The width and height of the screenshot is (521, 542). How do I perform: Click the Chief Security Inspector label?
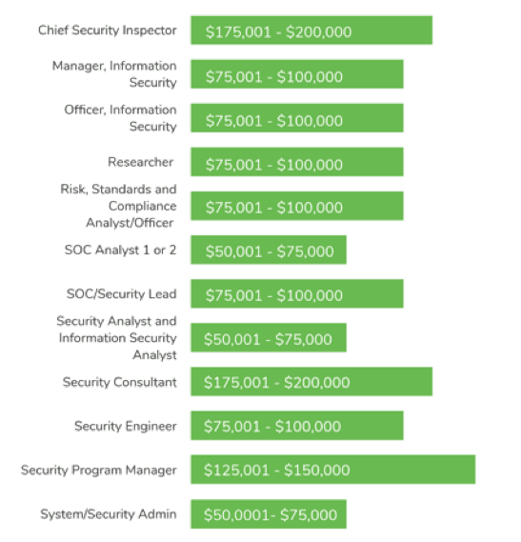107,30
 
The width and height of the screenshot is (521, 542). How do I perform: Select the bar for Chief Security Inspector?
311,30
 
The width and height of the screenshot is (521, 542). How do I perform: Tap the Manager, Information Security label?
114,74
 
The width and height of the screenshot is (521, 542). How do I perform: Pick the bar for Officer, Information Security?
296,119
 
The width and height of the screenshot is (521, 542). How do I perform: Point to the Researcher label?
140,162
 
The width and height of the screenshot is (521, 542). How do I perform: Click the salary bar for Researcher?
296,163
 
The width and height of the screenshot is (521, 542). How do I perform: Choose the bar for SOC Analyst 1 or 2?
268,251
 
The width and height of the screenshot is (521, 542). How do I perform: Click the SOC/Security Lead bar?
296,294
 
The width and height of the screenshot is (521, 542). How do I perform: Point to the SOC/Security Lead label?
121,294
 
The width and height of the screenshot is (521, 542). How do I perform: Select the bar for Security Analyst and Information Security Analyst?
268,338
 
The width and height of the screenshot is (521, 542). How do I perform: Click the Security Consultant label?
119,382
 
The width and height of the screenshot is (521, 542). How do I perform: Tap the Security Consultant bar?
311,382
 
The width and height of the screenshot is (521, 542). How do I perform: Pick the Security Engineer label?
125,426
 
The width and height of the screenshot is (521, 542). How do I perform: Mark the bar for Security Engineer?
296,426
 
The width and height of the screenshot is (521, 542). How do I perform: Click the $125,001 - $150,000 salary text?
276,471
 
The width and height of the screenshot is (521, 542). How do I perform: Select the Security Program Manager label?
99,471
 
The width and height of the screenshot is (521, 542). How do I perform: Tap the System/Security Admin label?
108,514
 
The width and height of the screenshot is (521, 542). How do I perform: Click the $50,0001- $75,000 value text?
271,515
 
